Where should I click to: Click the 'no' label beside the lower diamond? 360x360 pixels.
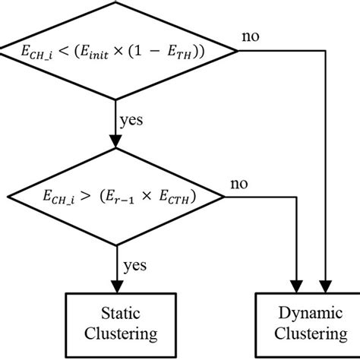coord(238,184)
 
